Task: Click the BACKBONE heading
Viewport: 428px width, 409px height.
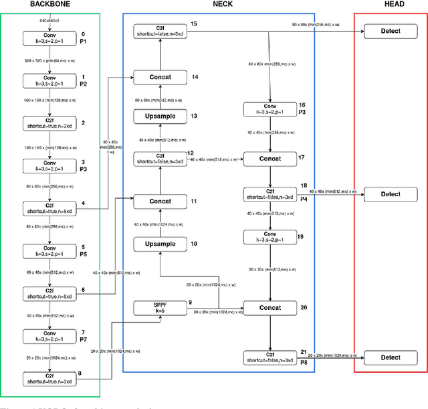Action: pyautogui.click(x=50, y=4)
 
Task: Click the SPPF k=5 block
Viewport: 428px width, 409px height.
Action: pyautogui.click(x=160, y=308)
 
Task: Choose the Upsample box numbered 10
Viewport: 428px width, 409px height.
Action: pyautogui.click(x=160, y=244)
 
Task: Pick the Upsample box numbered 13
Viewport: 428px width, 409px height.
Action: pyautogui.click(x=160, y=116)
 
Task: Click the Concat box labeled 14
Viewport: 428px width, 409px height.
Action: pyautogui.click(x=160, y=77)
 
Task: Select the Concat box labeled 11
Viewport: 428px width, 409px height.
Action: pyautogui.click(x=160, y=201)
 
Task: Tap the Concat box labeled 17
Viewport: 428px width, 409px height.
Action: pyautogui.click(x=270, y=159)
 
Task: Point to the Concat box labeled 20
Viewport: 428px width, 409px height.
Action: pyautogui.click(x=270, y=308)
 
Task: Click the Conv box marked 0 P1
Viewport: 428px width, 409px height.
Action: pyautogui.click(x=50, y=39)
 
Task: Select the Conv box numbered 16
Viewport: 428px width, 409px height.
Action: pyautogui.click(x=270, y=109)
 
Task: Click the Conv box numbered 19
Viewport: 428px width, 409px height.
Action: pyautogui.click(x=270, y=238)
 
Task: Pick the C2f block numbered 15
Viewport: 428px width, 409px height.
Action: pyautogui.click(x=160, y=30)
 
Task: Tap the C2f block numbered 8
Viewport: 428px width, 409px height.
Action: pyautogui.click(x=50, y=379)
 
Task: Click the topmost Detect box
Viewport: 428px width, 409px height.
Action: pyautogui.click(x=391, y=30)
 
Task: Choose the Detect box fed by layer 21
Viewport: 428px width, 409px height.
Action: pyautogui.click(x=391, y=357)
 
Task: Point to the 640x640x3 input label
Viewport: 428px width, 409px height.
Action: pyautogui.click(x=50, y=20)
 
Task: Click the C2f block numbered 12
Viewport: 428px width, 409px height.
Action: pyautogui.click(x=160, y=159)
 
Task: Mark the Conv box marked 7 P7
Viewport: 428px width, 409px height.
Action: pyautogui.click(x=50, y=336)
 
